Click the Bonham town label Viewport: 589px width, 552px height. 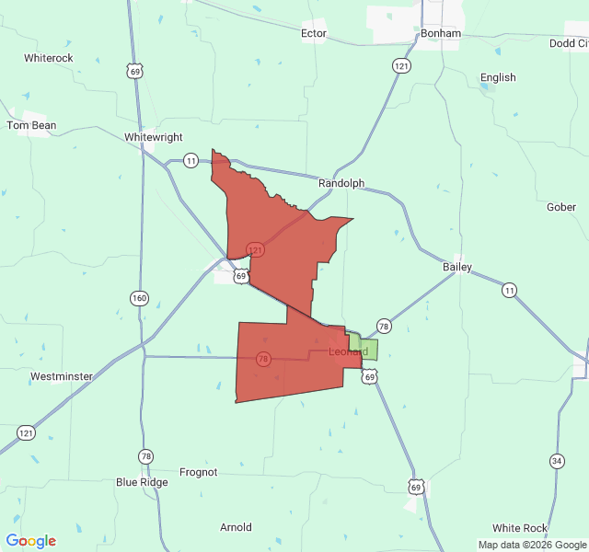pyautogui.click(x=440, y=33)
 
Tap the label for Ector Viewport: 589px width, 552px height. pyautogui.click(x=314, y=34)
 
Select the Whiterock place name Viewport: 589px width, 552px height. pyautogui.click(x=49, y=58)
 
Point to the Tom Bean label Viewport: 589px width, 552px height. pyautogui.click(x=31, y=125)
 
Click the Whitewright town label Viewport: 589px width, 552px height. pyautogui.click(x=153, y=136)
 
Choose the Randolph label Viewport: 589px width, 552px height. pyautogui.click(x=341, y=183)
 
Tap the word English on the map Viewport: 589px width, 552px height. pyautogui.click(x=498, y=78)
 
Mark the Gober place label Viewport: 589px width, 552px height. pyautogui.click(x=561, y=207)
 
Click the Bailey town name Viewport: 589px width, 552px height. pyautogui.click(x=457, y=267)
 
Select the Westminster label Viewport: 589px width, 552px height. pyautogui.click(x=62, y=376)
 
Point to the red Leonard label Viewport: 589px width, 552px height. pyautogui.click(x=349, y=351)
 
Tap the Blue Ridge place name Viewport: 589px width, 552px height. pyautogui.click(x=142, y=481)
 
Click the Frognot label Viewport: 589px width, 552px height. pyautogui.click(x=198, y=472)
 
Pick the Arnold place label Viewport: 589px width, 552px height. pyautogui.click(x=236, y=527)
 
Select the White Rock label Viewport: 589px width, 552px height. pyautogui.click(x=519, y=528)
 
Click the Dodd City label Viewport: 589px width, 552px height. pyautogui.click(x=569, y=43)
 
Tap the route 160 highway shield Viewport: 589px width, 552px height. pyautogui.click(x=139, y=298)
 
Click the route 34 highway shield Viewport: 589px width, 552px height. pyautogui.click(x=557, y=460)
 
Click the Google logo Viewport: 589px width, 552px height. pyautogui.click(x=30, y=541)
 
